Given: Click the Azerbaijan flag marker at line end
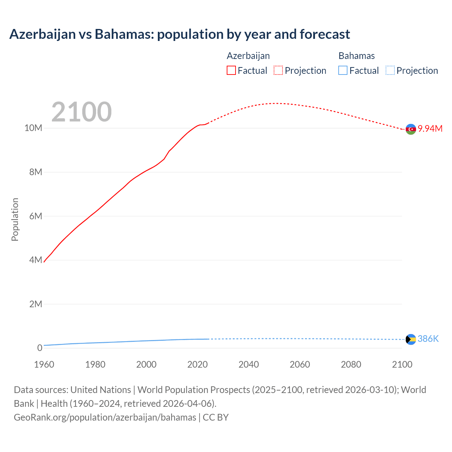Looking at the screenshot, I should coord(411,129).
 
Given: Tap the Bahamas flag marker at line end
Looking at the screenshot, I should coord(411,339).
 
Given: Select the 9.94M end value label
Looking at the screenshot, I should coord(430,129).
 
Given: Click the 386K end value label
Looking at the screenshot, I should coord(428,339).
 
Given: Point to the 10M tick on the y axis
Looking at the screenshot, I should coord(33,128).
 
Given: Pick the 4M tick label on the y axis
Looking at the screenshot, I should coord(36,260).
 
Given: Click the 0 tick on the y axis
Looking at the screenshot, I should coord(40,348).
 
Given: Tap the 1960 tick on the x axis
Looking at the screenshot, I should coord(44,364).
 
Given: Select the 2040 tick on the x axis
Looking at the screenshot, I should coord(249,364).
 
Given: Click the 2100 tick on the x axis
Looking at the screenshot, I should coord(402,364).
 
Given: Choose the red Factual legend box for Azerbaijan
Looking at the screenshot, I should coord(231,71).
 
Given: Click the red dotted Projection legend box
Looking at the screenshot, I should coord(278,71).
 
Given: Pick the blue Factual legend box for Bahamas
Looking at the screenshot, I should coord(343,71).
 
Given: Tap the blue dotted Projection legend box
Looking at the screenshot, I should coord(390,71).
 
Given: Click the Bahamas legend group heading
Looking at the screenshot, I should coord(357,56).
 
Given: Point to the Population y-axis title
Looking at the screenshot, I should coord(15,219).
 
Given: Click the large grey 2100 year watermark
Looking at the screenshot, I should coord(82,112).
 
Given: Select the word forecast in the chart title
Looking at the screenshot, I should coord(325,34).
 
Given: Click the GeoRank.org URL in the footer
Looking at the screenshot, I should coord(105,417).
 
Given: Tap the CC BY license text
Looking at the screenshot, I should coord(216,417).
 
